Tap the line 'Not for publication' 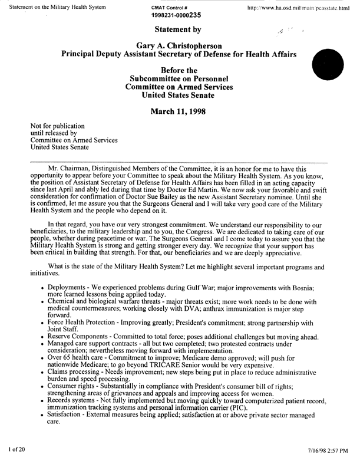coord(58,126)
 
